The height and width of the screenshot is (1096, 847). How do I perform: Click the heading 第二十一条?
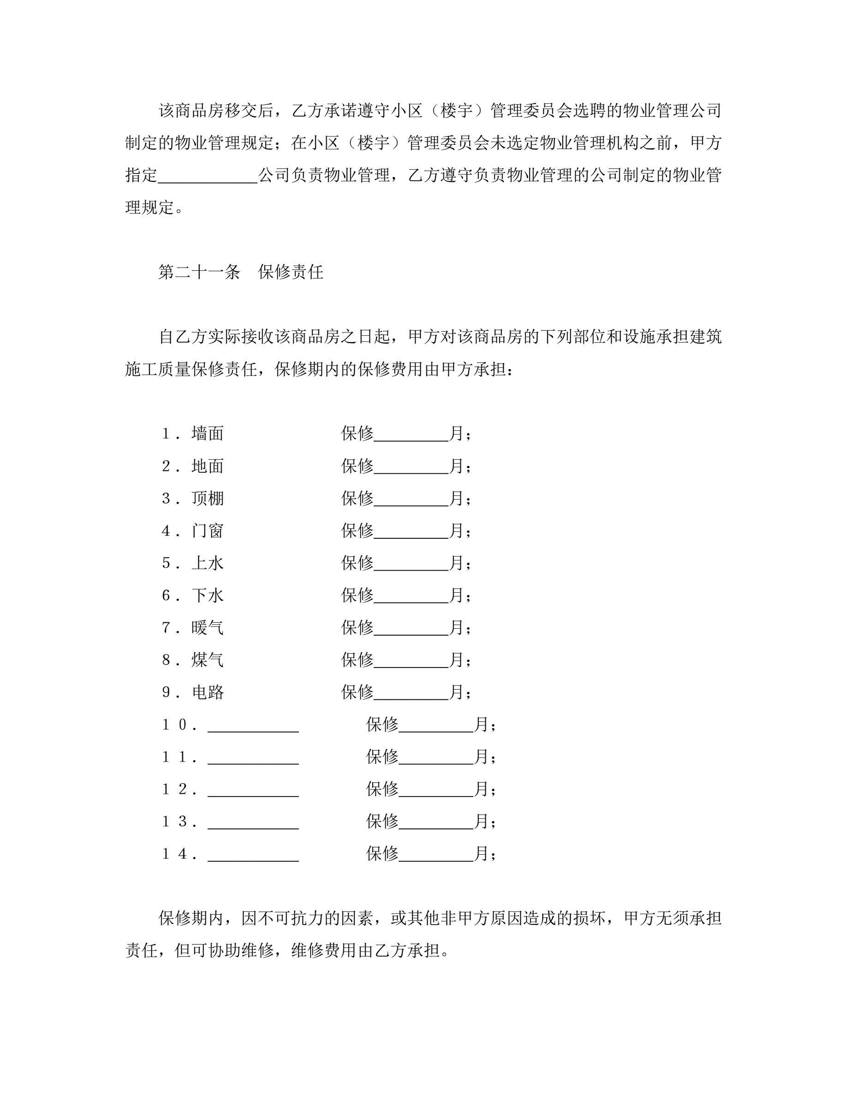pos(199,272)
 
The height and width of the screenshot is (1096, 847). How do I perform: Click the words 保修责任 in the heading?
pos(291,272)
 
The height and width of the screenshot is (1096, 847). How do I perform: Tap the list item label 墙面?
pos(207,433)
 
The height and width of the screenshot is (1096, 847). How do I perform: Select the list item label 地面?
pos(207,466)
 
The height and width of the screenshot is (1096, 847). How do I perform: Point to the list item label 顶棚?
pos(207,498)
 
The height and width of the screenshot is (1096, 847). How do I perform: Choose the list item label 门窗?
pos(207,530)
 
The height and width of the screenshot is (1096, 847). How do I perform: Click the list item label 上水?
pos(207,563)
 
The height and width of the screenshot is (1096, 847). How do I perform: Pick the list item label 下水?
pos(207,595)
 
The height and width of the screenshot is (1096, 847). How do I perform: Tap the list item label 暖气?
pos(207,627)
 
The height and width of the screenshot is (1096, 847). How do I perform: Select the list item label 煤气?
pos(207,660)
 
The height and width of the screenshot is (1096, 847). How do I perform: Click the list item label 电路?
pos(207,692)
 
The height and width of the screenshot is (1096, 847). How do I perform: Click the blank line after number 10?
pos(253,727)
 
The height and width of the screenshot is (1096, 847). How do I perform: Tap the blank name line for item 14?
pos(253,856)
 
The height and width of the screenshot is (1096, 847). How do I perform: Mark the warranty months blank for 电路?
pos(411,695)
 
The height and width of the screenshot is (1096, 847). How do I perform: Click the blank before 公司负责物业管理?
pos(207,177)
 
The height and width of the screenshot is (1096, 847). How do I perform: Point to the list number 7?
pos(166,627)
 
